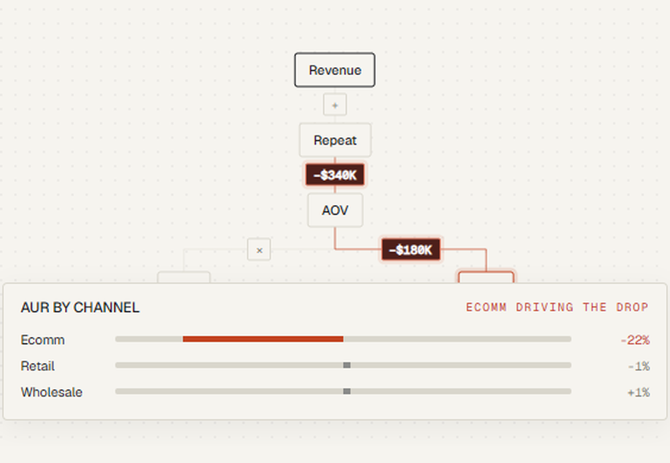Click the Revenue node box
point(334,70)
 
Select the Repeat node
point(335,140)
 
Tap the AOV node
point(335,210)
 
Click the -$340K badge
point(335,175)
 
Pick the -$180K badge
point(411,250)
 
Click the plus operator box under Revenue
point(335,105)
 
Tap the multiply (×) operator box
point(259,250)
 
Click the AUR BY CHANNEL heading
point(80,308)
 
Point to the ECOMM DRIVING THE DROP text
point(557,308)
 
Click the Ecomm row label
point(43,340)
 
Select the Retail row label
point(38,366)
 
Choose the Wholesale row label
point(52,392)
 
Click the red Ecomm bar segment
point(263,339)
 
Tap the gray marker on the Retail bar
point(347,365)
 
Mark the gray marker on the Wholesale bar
point(347,391)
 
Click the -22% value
point(635,340)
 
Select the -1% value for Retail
point(639,367)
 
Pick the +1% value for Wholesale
point(639,393)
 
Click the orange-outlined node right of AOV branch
point(486,277)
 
